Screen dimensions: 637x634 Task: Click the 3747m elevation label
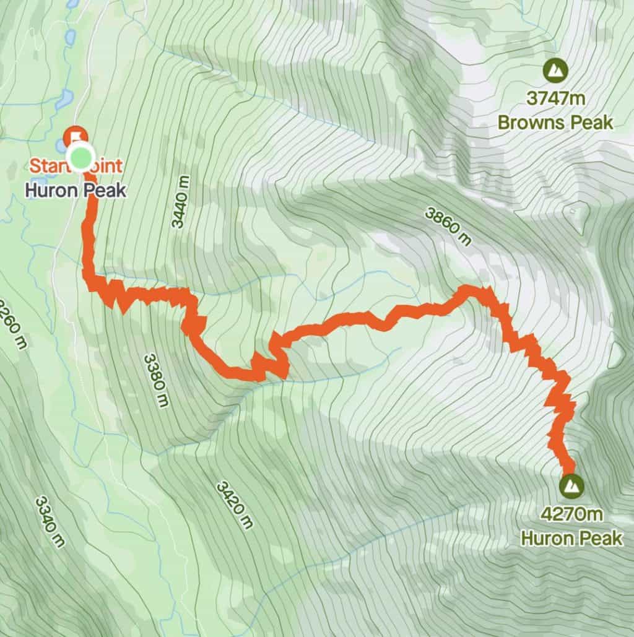pos(556,99)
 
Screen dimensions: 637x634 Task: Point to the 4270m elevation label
pos(571,515)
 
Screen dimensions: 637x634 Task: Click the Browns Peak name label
pos(555,122)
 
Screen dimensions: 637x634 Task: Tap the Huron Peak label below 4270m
pos(571,537)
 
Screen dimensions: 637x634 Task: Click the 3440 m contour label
pos(180,202)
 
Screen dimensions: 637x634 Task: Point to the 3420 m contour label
pos(235,505)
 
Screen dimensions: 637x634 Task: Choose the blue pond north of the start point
pos(64,99)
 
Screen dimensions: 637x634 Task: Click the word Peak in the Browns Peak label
pos(592,122)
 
